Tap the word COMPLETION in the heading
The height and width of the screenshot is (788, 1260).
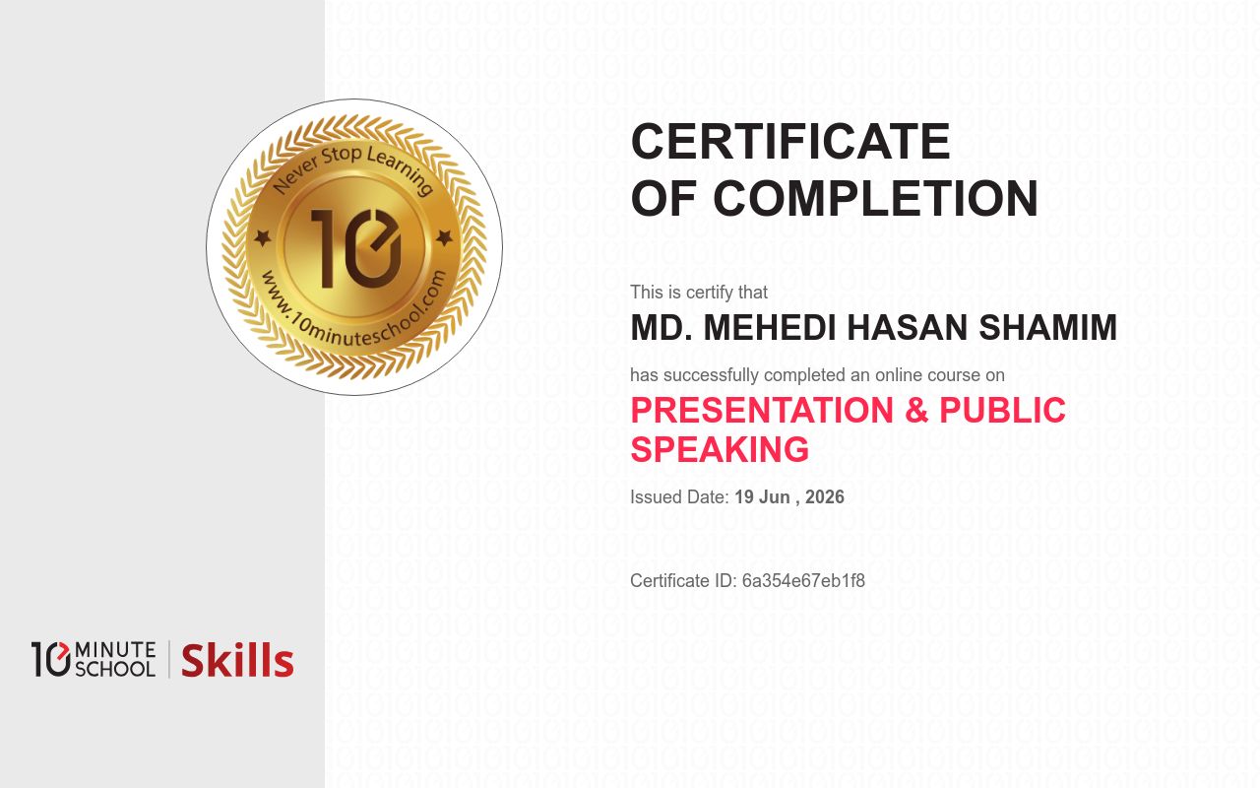pos(875,198)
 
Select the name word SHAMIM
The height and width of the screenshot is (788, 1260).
pos(1047,328)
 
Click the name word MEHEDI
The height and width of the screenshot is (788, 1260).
pos(770,328)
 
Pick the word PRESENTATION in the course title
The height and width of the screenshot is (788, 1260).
pos(762,410)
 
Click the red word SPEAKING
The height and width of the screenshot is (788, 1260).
pos(720,449)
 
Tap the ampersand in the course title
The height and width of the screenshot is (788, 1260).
pos(916,410)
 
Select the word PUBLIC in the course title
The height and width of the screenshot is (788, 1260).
pos(1002,410)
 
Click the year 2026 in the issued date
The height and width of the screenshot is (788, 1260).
pos(824,497)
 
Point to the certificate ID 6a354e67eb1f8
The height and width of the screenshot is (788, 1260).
pos(803,581)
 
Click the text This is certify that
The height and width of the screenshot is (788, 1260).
pos(699,293)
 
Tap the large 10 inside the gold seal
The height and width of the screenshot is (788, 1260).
pos(355,248)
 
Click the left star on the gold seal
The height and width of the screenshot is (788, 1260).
pos(262,238)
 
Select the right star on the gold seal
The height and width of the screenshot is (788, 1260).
pos(444,238)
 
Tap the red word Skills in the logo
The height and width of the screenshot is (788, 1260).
pos(237,660)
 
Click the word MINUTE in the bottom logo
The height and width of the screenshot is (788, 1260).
pos(115,650)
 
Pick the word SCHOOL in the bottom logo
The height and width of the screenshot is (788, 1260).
pos(115,669)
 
